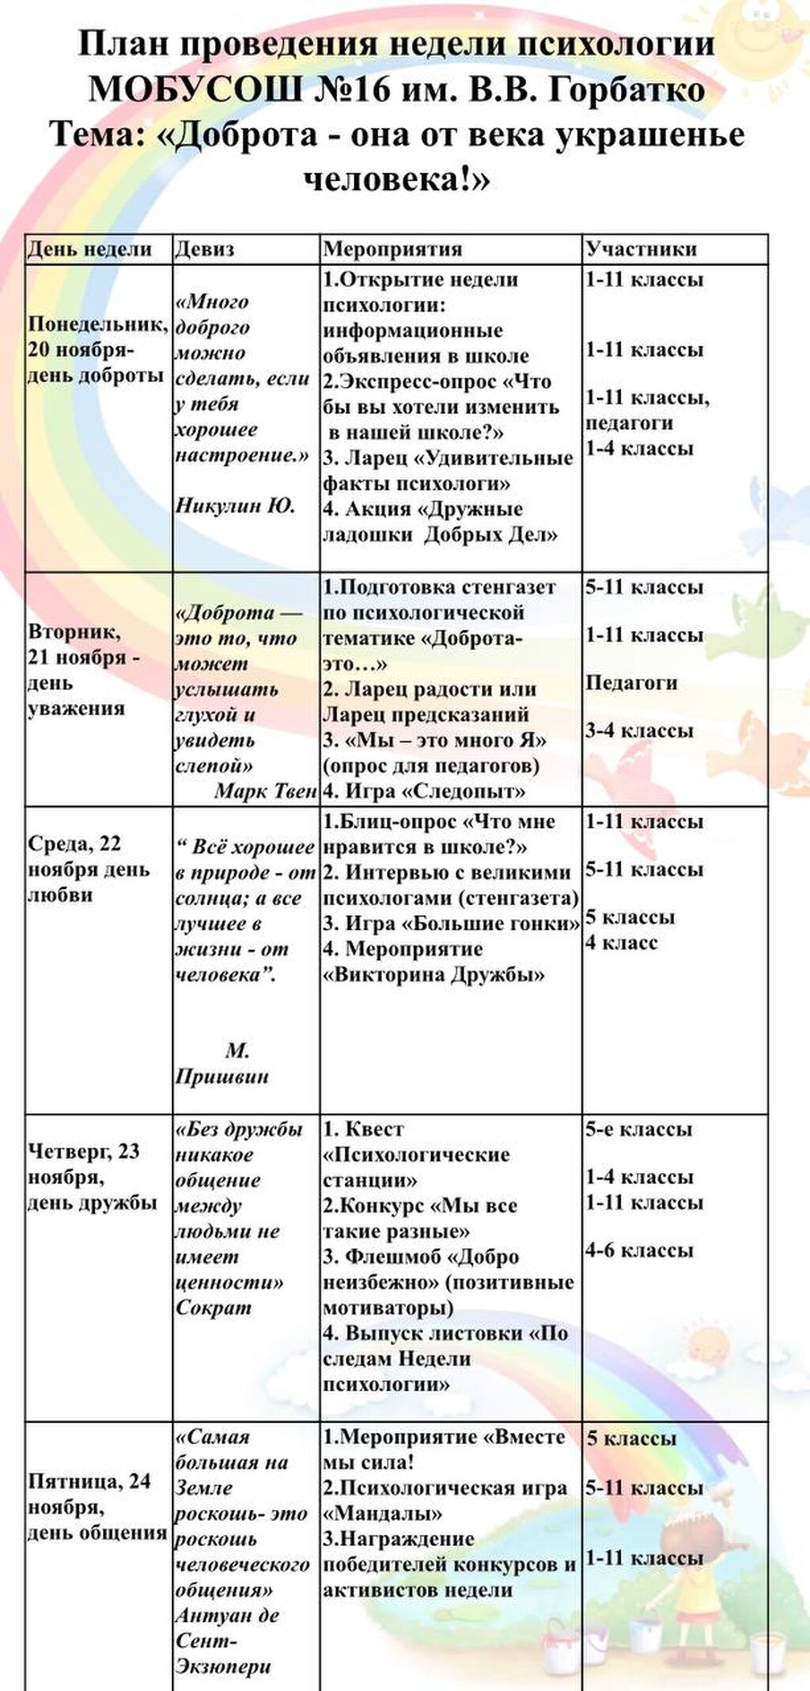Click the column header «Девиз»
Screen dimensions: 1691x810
pos(204,249)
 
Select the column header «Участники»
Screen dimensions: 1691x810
pos(641,249)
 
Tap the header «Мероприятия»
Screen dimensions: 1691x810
pos(392,249)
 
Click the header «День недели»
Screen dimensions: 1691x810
pos(89,249)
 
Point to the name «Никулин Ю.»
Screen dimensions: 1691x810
pos(235,506)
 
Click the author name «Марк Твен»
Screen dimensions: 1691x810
pos(265,791)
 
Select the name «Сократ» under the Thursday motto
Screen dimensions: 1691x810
pos(213,1307)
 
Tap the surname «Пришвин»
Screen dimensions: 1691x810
pos(221,1076)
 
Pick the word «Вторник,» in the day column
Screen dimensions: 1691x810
pos(75,632)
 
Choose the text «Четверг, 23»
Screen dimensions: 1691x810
pos(84,1152)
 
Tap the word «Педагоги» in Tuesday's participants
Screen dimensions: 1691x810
pos(631,683)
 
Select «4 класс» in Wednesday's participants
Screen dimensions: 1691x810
pos(621,943)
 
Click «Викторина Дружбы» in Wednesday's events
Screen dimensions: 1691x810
pos(433,974)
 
